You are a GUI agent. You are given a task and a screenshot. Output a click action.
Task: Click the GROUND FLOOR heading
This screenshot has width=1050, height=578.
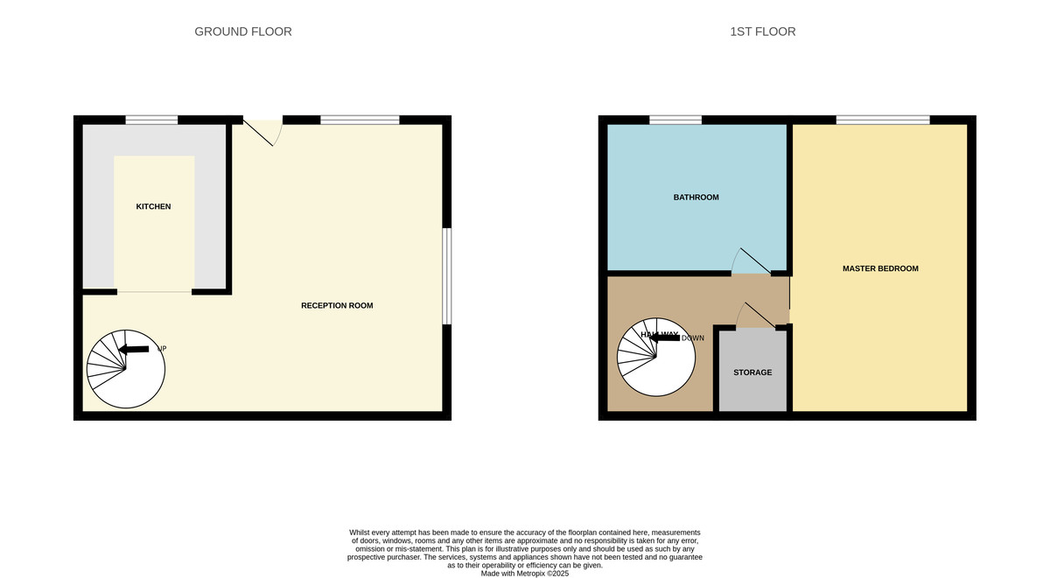click(242, 31)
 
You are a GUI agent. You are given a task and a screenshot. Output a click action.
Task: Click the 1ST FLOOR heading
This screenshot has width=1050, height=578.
click(762, 31)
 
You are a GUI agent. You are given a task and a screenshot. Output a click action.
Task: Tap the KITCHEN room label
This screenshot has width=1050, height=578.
click(153, 206)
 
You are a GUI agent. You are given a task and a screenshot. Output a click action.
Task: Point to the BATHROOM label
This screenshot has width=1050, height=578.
click(696, 198)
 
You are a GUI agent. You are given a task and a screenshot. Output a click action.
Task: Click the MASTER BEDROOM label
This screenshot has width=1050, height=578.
click(880, 268)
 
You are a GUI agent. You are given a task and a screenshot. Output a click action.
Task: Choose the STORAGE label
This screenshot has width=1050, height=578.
click(752, 373)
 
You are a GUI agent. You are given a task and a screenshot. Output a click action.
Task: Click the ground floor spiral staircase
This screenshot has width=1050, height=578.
click(126, 370)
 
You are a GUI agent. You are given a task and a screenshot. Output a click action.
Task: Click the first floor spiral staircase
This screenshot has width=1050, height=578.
click(656, 359)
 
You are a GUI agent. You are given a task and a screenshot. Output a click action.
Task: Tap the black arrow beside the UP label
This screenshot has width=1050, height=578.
click(134, 349)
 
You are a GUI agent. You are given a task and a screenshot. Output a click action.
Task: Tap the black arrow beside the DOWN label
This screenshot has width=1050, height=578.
click(664, 337)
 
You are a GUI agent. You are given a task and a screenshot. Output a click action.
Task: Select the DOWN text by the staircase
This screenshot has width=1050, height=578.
click(692, 338)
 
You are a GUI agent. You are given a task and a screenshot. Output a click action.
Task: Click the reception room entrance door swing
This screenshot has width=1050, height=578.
click(265, 131)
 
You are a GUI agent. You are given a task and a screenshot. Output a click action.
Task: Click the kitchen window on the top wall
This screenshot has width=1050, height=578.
click(151, 120)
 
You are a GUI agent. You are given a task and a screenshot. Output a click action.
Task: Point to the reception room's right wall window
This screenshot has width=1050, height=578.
click(446, 276)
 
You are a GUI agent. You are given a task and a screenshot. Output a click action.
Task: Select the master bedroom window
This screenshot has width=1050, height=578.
click(882, 120)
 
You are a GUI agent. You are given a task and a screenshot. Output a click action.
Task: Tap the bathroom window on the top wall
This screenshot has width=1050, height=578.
click(675, 120)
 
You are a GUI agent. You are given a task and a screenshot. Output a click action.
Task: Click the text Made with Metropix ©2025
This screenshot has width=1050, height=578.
click(525, 574)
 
